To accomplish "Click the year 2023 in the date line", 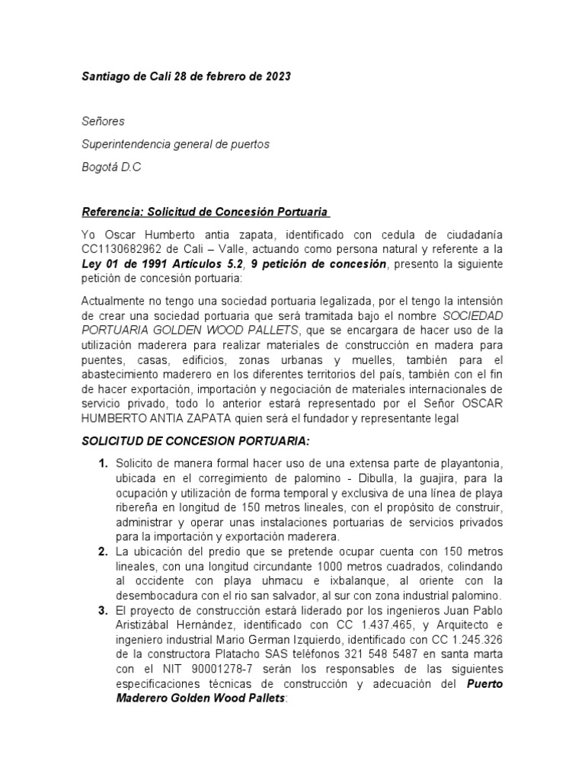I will [276, 78].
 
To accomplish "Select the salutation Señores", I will [103, 121].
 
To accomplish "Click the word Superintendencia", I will [127, 144].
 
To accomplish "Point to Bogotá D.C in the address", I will [111, 167].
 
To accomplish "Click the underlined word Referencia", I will [111, 211].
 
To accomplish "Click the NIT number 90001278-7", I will [199, 668].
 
